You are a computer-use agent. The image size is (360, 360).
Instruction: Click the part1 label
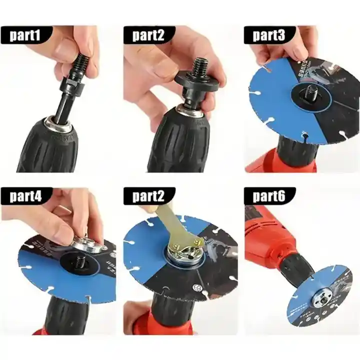(31, 35)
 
